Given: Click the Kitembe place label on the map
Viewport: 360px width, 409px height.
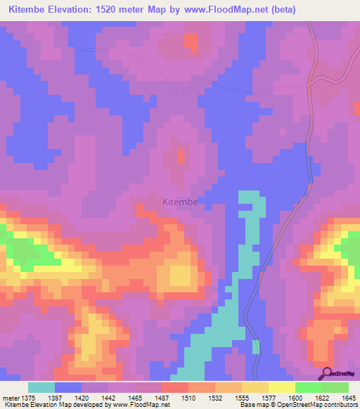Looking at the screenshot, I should point(180,202).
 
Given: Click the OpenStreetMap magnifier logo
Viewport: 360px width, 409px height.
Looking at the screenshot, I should point(328,373).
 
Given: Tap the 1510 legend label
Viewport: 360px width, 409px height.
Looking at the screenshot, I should point(187,397).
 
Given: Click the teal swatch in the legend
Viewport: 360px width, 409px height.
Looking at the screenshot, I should point(41,387).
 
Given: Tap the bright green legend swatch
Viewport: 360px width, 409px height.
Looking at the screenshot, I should point(308,387).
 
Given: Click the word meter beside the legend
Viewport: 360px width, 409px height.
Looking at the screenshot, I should point(11,397).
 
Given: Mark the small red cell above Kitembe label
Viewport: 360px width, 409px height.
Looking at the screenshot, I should point(179,154).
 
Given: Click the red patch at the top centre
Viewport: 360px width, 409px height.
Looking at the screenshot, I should point(191,41).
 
